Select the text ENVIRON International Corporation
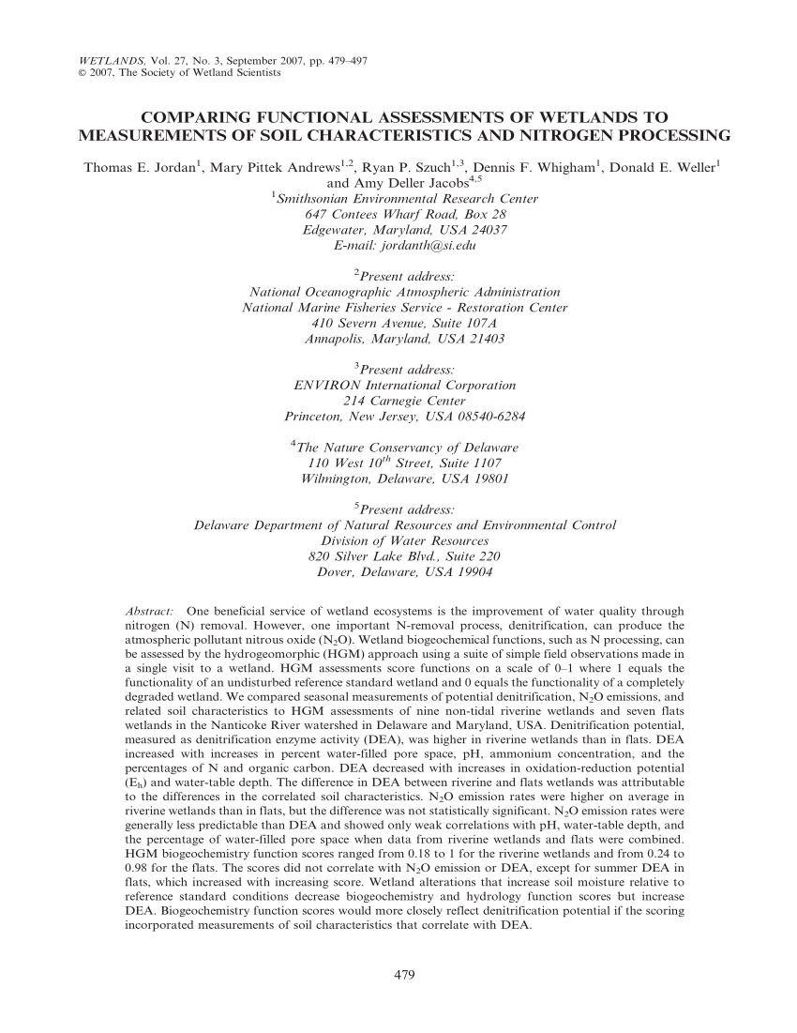click(405, 385)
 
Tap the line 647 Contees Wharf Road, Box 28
click(405, 215)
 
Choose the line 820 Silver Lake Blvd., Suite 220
click(404, 556)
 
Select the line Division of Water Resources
click(405, 541)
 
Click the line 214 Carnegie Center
click(404, 401)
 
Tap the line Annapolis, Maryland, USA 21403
click(405, 338)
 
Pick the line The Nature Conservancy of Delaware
click(406, 448)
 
